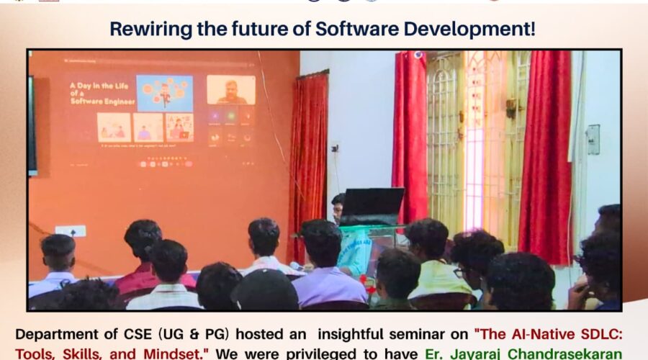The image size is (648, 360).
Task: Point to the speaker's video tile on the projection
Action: [230, 90]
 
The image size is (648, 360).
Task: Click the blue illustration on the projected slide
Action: [164, 93]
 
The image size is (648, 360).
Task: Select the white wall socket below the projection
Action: [71, 231]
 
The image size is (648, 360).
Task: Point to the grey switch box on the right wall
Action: [593, 140]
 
